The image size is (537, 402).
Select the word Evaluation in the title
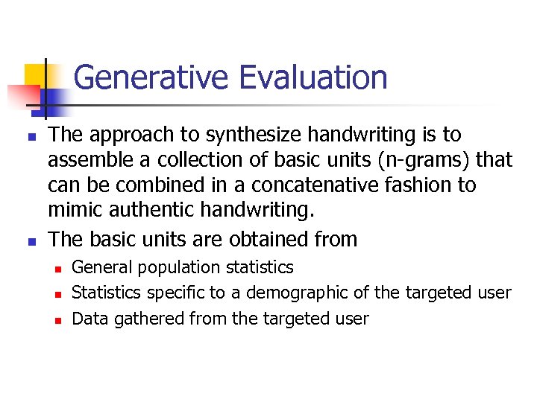(313, 77)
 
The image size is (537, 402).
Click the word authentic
(160, 210)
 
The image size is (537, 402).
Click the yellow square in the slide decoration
(36, 74)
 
